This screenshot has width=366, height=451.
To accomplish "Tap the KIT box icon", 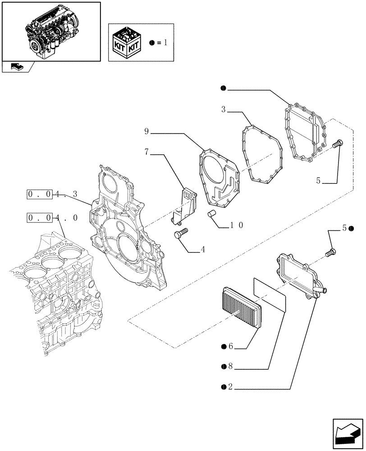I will point(127,43).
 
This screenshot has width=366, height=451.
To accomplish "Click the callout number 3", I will point(224,110).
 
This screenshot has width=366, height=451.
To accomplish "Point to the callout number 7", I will point(146,153).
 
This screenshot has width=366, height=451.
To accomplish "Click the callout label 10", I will point(237,225).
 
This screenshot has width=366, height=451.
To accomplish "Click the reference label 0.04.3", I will point(52,195).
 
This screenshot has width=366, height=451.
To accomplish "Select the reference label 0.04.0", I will point(52,218).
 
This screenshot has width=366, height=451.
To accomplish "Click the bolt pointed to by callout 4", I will point(181,234).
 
